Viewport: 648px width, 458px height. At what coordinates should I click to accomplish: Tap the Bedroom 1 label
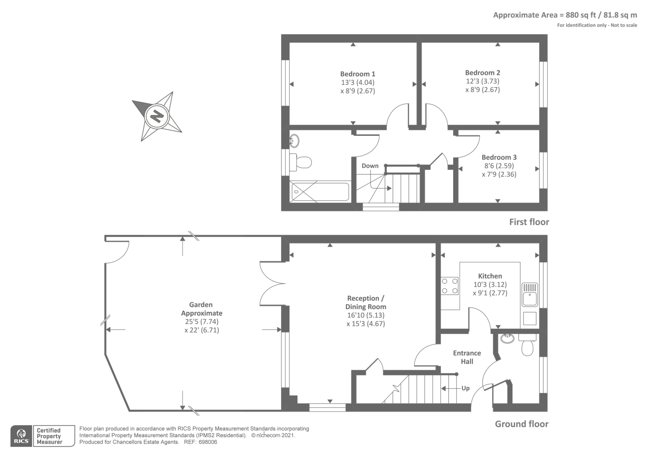click(x=358, y=74)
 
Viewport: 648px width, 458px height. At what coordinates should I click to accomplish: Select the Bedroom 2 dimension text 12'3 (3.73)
click(x=482, y=81)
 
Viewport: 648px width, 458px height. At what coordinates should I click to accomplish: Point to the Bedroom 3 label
click(x=499, y=157)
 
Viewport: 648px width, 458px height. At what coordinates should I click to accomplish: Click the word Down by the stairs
click(x=370, y=166)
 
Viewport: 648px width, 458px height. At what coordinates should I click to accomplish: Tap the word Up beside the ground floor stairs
click(x=465, y=388)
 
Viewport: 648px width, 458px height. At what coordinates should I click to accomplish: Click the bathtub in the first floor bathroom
click(x=320, y=191)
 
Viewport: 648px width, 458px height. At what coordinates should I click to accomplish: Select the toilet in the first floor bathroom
click(x=301, y=162)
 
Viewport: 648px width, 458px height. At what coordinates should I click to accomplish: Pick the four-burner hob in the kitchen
click(x=450, y=286)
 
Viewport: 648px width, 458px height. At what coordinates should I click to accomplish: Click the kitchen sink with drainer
click(x=530, y=294)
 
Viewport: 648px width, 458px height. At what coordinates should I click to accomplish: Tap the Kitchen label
click(x=490, y=276)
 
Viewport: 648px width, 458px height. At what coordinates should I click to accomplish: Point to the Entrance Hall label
click(x=467, y=357)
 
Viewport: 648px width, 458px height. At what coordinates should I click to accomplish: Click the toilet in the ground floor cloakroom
click(x=527, y=345)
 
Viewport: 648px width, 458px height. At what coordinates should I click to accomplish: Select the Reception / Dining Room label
click(x=366, y=302)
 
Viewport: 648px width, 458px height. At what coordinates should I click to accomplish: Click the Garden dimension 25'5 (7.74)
click(x=202, y=322)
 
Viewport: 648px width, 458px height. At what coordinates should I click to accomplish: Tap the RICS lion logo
click(x=21, y=436)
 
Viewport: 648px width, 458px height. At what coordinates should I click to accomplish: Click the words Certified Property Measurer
click(x=49, y=436)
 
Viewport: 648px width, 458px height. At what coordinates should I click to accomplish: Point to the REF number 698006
click(x=208, y=442)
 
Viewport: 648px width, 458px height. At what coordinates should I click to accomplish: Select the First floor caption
click(x=529, y=222)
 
